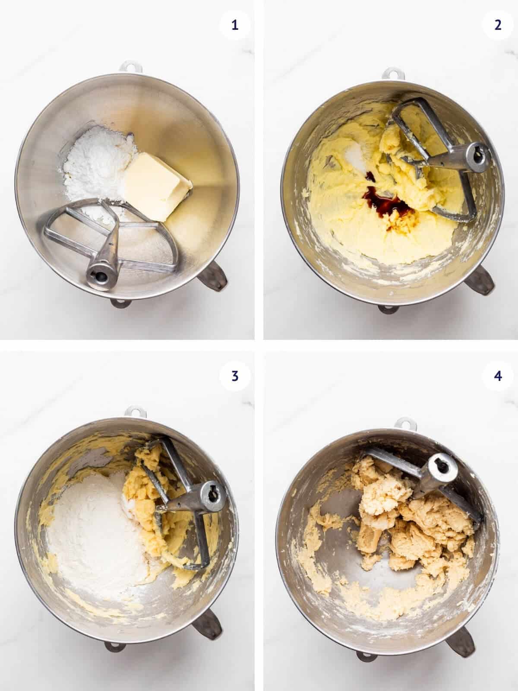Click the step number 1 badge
(x=234, y=25)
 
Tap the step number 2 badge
(x=498, y=25)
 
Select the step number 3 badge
(x=234, y=376)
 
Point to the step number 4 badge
(x=498, y=376)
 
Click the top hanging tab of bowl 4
(x=405, y=422)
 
